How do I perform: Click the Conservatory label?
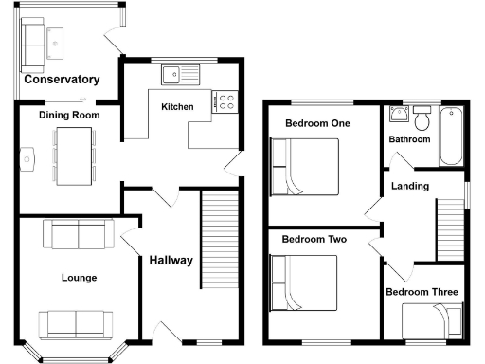(x=62, y=80)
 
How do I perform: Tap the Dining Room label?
(x=69, y=115)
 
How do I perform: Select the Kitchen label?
(x=177, y=107)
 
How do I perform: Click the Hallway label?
(x=171, y=261)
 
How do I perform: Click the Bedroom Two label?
(x=314, y=240)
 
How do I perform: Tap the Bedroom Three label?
(x=422, y=292)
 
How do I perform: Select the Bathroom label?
(x=409, y=139)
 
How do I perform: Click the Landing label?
(x=409, y=186)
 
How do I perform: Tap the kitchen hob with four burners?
(x=227, y=100)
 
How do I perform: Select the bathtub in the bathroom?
(x=451, y=133)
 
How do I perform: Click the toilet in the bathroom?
(x=422, y=118)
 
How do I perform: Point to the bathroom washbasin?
(x=399, y=117)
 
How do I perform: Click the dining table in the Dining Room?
(x=74, y=155)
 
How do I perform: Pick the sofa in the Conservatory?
(x=37, y=39)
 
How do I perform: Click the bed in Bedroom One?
(x=305, y=166)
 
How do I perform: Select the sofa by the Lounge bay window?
(x=76, y=323)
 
